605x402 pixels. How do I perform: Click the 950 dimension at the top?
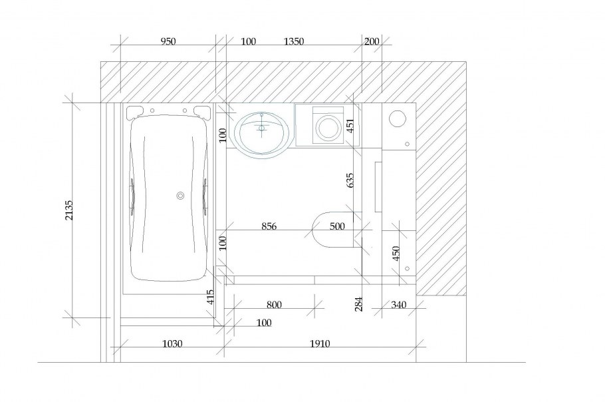pos(168,41)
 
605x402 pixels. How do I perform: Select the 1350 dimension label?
pos(294,41)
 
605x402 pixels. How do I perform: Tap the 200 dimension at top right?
pos(372,41)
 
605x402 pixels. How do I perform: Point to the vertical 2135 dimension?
pos(68,210)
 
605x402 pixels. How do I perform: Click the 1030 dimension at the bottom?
pos(172,343)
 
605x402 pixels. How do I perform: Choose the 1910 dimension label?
pos(320,343)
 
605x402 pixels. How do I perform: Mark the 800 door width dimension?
pos(274,305)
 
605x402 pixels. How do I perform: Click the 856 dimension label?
pos(269,226)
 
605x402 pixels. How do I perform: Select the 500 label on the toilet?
pos(337,226)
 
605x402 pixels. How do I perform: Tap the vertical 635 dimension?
pos(350,180)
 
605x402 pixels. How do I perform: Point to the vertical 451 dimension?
pos(350,126)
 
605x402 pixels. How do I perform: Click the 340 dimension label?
pos(399,305)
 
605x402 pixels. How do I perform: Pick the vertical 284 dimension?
pos(359,304)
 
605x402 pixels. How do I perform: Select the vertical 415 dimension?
pos(210,297)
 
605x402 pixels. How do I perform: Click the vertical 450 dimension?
pos(396,254)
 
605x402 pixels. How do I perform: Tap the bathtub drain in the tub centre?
pos(180,196)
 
